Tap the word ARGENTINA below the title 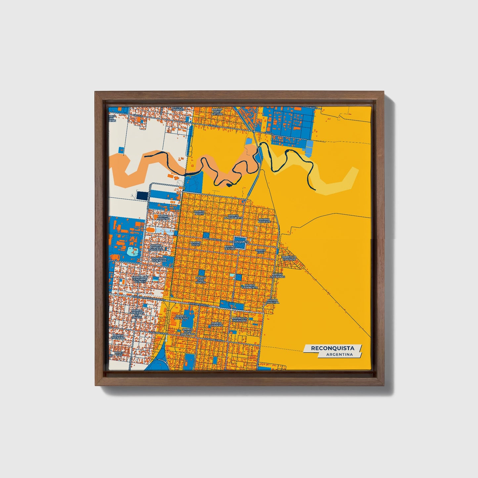339,355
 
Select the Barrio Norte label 200,213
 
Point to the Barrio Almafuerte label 233,217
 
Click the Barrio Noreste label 264,220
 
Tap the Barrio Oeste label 196,243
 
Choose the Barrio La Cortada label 289,258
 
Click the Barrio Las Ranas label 277,276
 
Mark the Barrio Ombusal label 273,301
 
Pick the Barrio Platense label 182,317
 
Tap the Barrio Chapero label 216,324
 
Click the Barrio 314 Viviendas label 240,319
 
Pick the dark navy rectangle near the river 142,196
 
